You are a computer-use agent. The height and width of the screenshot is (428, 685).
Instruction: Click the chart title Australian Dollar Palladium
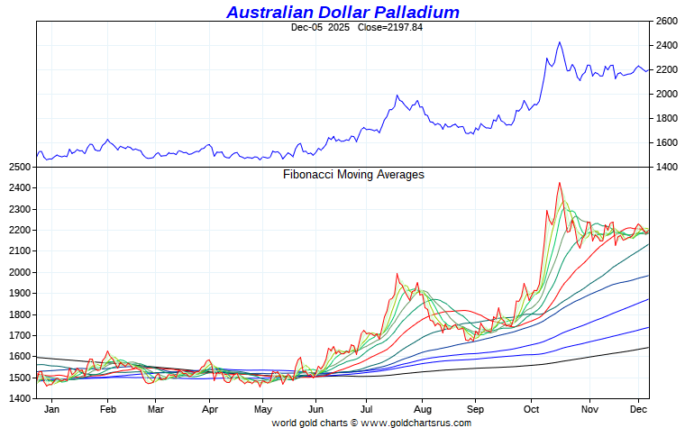pos(342,12)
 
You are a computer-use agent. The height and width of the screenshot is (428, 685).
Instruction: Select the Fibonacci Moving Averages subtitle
pos(353,175)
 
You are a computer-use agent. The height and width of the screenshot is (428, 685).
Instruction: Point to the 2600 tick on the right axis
pos(667,21)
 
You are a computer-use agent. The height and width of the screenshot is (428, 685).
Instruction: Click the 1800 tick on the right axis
pos(667,118)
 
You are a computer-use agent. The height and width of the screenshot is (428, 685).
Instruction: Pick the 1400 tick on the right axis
pos(667,167)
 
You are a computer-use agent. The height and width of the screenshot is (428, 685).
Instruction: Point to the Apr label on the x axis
pos(209,408)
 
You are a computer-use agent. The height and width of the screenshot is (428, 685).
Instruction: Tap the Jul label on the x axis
pos(366,408)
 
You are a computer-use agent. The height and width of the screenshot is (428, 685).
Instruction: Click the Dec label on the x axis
pos(639,408)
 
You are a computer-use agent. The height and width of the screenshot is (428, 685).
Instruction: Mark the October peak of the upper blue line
pos(560,42)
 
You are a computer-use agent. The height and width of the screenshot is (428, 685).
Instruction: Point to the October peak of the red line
pos(560,183)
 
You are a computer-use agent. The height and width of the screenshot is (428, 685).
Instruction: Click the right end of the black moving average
pos(649,348)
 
